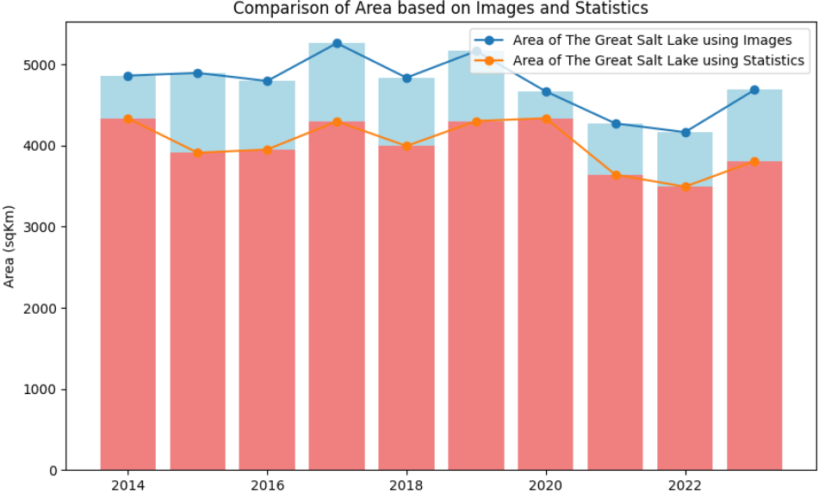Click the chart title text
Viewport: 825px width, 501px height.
tap(441, 9)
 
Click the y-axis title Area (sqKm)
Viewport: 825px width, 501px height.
tap(9, 247)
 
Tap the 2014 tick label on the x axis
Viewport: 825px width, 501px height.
tap(127, 485)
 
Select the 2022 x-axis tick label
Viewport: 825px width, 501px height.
tap(685, 485)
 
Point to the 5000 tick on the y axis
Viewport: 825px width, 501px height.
tap(43, 66)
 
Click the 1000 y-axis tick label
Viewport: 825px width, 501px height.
tap(43, 390)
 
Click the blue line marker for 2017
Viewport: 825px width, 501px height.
tap(337, 43)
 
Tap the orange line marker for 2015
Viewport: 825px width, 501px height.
tap(197, 153)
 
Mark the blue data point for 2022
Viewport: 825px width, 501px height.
tap(685, 132)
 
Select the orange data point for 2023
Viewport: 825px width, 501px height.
tap(754, 161)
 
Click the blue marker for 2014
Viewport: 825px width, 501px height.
tap(127, 76)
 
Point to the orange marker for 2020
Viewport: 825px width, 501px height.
tap(546, 118)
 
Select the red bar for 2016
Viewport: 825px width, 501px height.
tap(267, 310)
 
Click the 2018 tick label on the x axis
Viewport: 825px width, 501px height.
tap(406, 485)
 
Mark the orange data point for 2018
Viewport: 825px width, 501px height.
tap(406, 146)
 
